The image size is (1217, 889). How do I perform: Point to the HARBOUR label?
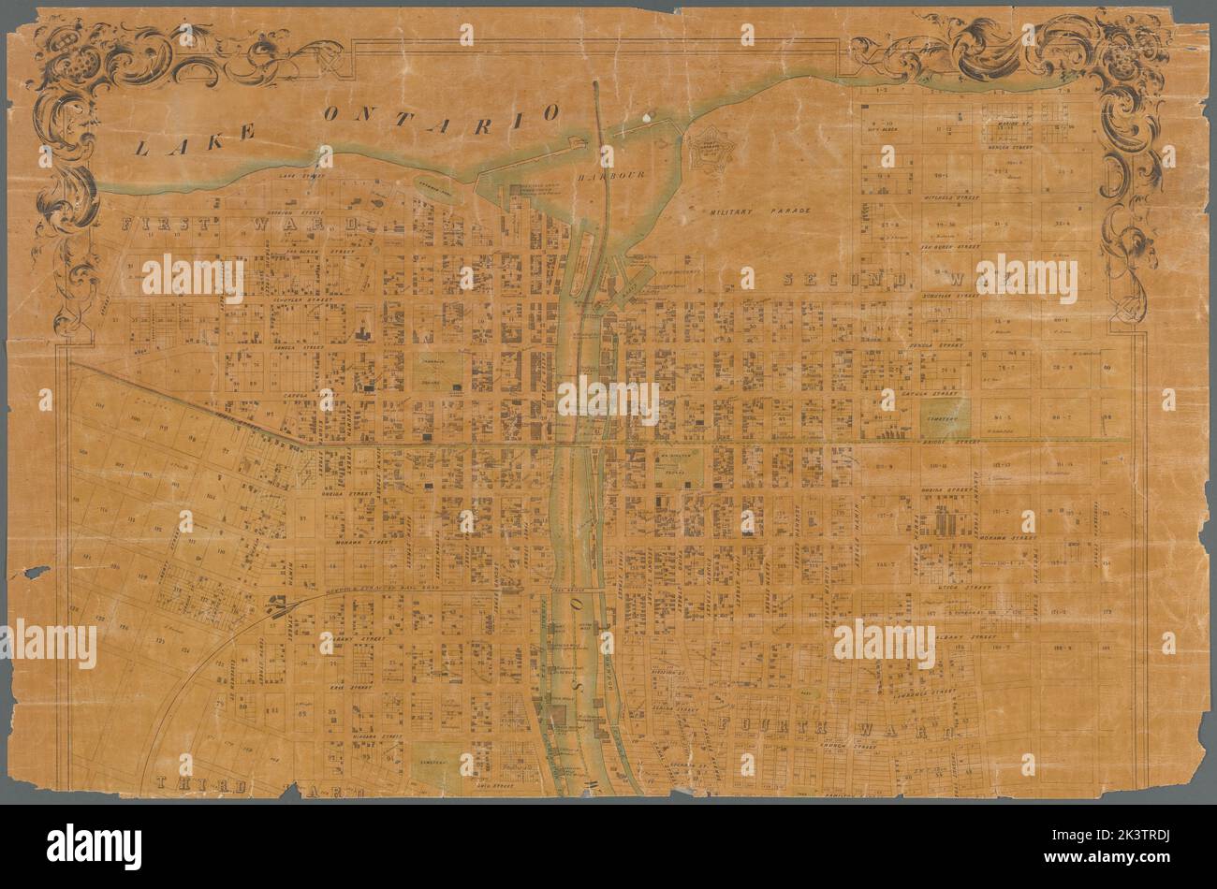(x=607, y=176)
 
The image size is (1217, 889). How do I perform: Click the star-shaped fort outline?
(x=713, y=148)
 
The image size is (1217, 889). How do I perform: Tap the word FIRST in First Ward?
(x=161, y=225)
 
